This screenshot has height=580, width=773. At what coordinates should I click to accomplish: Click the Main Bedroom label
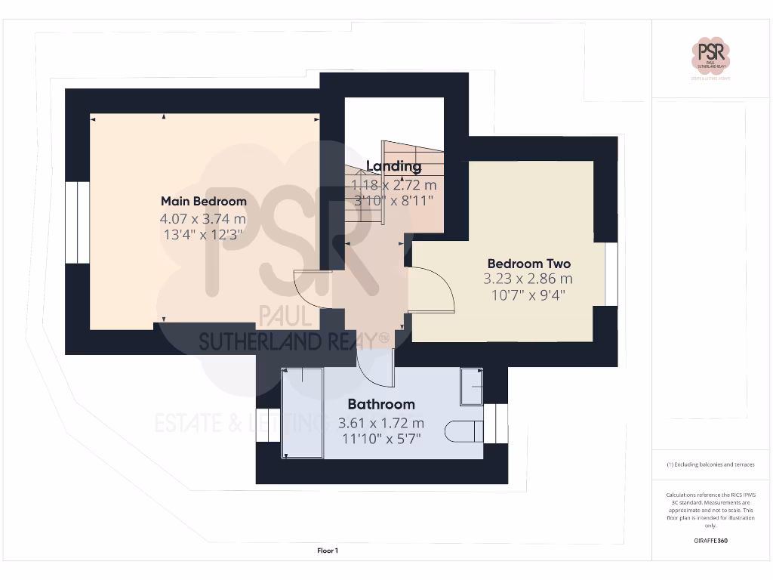[203, 201]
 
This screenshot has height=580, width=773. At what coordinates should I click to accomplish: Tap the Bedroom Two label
[528, 264]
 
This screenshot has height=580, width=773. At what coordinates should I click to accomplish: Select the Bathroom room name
[381, 404]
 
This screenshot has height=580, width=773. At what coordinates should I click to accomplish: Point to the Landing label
[393, 166]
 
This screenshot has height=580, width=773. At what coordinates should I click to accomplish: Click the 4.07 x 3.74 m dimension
[203, 218]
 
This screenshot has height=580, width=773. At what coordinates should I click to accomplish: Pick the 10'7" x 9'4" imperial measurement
[528, 295]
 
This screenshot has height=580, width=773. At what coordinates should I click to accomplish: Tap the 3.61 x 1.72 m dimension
[381, 422]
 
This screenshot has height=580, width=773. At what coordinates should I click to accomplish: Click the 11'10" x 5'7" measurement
[381, 437]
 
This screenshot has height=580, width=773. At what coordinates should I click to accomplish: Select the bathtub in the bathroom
[303, 412]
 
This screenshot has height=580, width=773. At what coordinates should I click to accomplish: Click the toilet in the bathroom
[464, 431]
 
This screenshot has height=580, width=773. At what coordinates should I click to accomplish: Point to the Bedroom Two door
[433, 290]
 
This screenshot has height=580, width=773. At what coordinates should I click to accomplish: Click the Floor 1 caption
[328, 551]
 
